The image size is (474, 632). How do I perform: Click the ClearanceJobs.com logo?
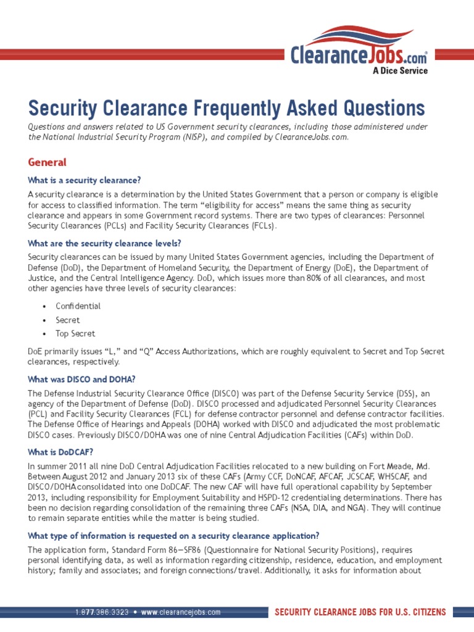point(359,50)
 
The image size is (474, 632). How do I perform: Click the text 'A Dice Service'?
point(399,70)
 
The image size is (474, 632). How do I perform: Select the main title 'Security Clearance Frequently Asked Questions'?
point(227,109)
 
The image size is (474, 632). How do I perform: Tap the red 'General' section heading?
point(47,162)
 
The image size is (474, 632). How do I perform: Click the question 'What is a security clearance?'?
point(85,180)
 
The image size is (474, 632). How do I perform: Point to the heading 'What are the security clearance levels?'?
point(104,243)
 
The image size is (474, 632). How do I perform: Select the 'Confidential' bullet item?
point(78,306)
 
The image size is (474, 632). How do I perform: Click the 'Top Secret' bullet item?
point(75,334)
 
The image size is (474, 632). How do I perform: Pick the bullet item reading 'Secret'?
point(67,320)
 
